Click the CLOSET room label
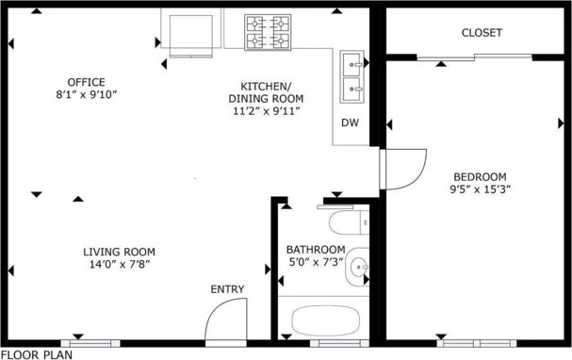pyautogui.click(x=482, y=33)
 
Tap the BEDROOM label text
pyautogui.click(x=480, y=177)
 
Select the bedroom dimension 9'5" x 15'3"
pyautogui.click(x=480, y=189)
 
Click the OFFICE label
pyautogui.click(x=86, y=82)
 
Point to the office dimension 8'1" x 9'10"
pyautogui.click(x=86, y=95)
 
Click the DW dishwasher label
pyautogui.click(x=350, y=123)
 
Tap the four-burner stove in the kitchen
pyautogui.click(x=268, y=32)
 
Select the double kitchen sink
pyautogui.click(x=352, y=76)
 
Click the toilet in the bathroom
pyautogui.click(x=349, y=222)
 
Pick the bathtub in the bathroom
pyautogui.click(x=326, y=320)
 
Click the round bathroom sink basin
pyautogui.click(x=359, y=267)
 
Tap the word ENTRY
pyautogui.click(x=227, y=289)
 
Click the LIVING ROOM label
pyautogui.click(x=119, y=252)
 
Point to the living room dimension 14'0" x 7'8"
pyautogui.click(x=120, y=264)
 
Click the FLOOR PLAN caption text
pyautogui.click(x=37, y=355)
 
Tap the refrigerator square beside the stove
pyautogui.click(x=190, y=35)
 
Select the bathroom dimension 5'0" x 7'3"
pyautogui.click(x=316, y=262)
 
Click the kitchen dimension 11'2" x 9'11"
pyautogui.click(x=267, y=111)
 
